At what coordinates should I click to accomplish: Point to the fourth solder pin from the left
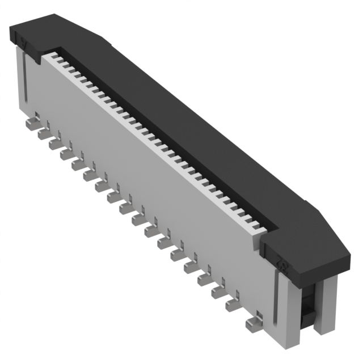(66, 154)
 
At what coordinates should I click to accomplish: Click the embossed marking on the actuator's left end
(24, 42)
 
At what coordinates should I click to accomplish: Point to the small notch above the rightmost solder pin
(259, 315)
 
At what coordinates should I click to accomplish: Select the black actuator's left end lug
(26, 40)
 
